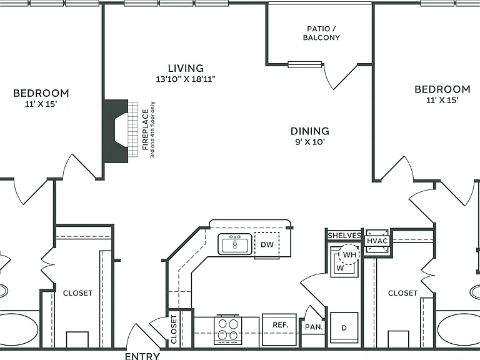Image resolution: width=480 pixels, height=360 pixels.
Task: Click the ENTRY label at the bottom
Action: tap(142, 356)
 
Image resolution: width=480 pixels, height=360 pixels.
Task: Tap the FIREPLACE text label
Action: tap(146, 130)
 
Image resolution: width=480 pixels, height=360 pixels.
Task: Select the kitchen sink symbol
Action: tap(235, 244)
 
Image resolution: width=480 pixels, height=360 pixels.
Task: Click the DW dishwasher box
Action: tap(267, 244)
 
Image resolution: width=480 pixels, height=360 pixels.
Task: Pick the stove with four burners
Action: tap(227, 330)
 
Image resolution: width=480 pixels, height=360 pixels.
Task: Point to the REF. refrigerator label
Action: tap(281, 325)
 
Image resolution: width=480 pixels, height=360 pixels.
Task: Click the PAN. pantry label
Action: tap(314, 327)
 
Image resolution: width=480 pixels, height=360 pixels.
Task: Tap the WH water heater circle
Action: tap(349, 255)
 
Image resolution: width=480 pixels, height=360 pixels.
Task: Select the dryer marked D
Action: tap(344, 327)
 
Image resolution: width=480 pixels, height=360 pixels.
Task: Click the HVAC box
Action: tap(377, 241)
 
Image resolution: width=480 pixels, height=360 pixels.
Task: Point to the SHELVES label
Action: tap(344, 236)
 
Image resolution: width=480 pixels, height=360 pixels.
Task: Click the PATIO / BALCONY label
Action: tap(321, 33)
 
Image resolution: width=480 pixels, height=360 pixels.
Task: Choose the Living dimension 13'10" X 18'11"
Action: tap(186, 79)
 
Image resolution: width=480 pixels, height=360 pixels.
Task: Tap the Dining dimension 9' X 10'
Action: tap(310, 142)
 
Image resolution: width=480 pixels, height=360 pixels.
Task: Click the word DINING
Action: tap(310, 131)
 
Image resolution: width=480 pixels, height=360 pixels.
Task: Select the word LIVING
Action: tap(186, 68)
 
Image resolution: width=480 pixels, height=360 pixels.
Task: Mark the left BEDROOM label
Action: tap(41, 93)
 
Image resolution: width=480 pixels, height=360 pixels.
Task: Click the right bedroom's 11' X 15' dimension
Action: tap(442, 100)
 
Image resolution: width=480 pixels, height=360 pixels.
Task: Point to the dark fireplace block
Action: tap(116, 131)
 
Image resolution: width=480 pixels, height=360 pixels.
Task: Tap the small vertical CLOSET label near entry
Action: tap(174, 329)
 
